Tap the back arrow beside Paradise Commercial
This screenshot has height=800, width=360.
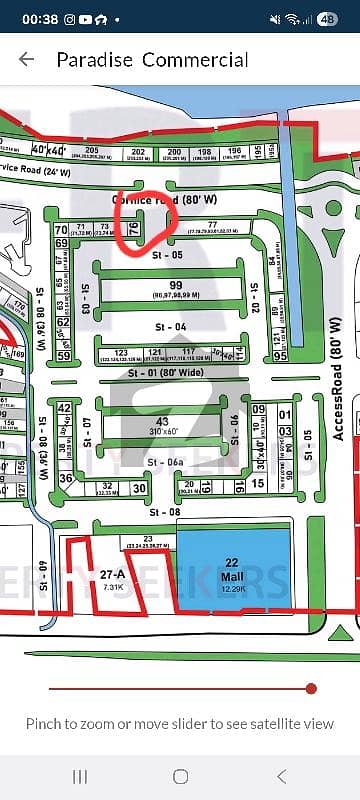26,59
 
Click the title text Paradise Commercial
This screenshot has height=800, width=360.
152,60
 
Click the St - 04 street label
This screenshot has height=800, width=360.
170,328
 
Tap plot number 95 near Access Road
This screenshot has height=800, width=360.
280,356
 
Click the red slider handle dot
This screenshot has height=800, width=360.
311,688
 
